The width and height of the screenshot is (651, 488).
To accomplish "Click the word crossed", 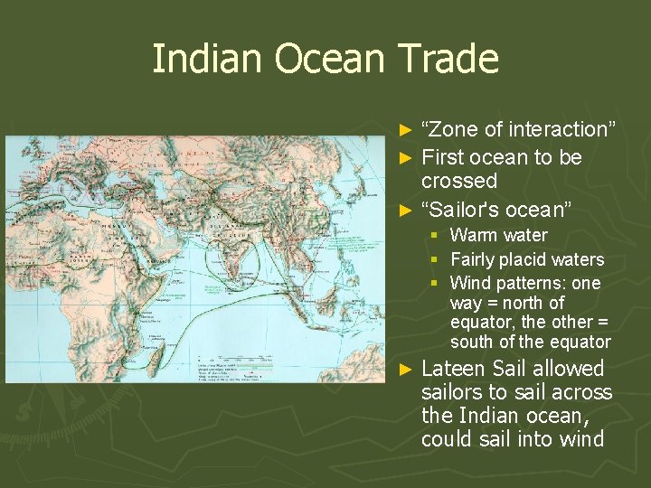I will coord(459,181).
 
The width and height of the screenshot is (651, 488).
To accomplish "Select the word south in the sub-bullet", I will coord(473,343).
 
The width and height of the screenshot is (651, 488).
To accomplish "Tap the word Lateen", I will coord(453,369).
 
